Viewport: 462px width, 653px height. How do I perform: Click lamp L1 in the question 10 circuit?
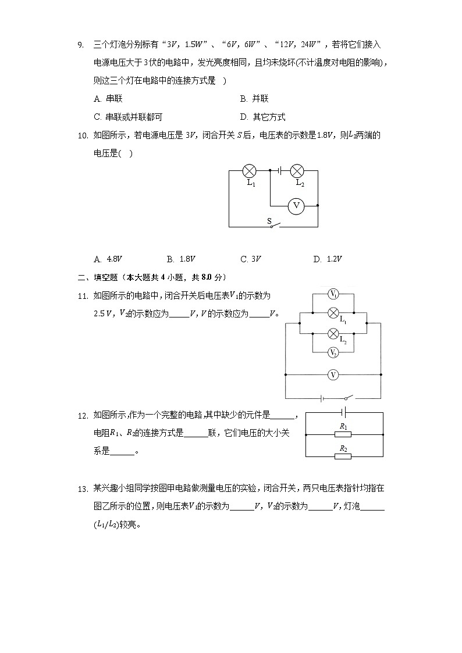[x=250, y=171]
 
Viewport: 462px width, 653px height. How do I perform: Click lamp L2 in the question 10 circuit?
[x=297, y=171]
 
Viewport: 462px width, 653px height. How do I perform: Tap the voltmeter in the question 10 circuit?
[x=296, y=205]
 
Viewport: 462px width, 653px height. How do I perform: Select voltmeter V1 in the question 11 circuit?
[x=333, y=294]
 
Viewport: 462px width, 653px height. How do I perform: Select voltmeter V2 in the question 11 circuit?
[x=333, y=352]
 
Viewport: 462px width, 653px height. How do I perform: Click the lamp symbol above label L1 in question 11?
[x=333, y=313]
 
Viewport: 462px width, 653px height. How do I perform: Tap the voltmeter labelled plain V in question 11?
[x=333, y=375]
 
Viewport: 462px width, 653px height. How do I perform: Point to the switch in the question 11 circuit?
[x=348, y=398]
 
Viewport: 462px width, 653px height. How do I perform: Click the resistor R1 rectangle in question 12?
[x=343, y=434]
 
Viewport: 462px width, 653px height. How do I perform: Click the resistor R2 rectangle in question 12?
[x=343, y=456]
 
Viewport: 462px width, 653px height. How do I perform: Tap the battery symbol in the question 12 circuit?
[x=344, y=412]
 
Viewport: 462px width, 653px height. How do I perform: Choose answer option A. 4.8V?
[x=108, y=259]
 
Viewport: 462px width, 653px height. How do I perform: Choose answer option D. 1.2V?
[x=327, y=259]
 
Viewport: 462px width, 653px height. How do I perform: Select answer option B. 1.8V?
[x=181, y=259]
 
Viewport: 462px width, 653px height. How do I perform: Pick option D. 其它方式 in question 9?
[x=262, y=117]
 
